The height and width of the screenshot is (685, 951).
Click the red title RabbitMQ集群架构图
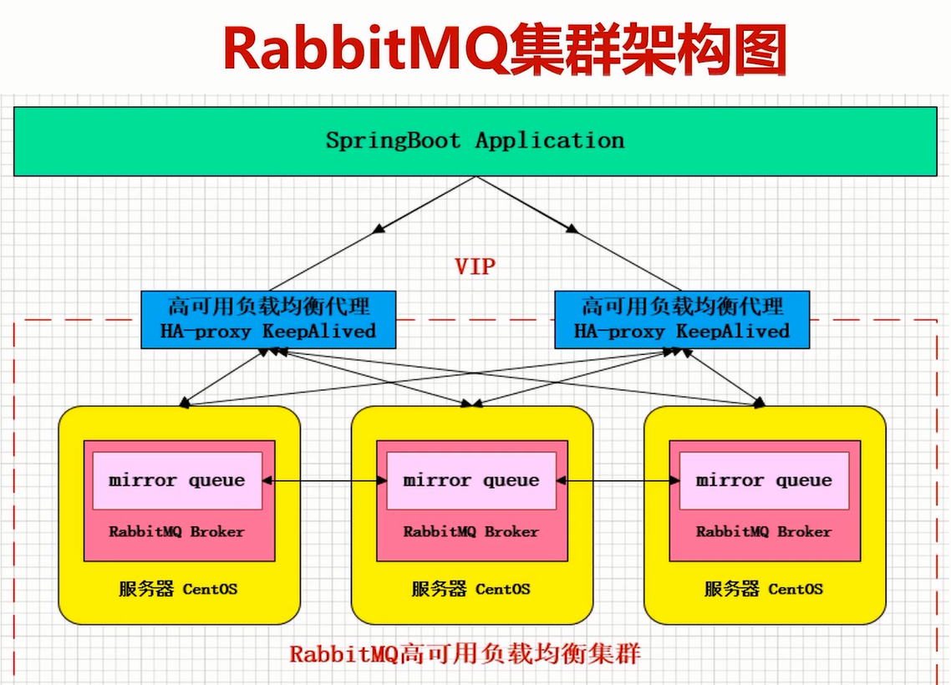[505, 49]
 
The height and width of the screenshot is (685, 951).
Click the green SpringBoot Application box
[475, 140]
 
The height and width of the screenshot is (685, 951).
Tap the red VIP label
[475, 266]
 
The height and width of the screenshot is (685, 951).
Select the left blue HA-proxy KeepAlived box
[267, 318]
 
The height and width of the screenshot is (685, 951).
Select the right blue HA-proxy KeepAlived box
[681, 318]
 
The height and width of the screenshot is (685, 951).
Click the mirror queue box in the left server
[177, 480]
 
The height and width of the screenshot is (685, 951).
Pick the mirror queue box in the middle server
[470, 480]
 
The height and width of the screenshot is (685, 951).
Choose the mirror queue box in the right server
[764, 480]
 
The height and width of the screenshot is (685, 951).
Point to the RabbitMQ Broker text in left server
[177, 531]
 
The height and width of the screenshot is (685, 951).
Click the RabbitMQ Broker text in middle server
[470, 531]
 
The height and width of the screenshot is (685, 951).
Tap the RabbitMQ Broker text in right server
[764, 531]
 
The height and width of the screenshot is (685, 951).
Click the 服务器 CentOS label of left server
[177, 589]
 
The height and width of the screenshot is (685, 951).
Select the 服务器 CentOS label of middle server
[470, 589]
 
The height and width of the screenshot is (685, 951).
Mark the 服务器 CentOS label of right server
[764, 589]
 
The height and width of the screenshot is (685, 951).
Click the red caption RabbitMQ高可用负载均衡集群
[465, 652]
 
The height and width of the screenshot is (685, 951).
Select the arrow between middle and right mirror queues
[618, 480]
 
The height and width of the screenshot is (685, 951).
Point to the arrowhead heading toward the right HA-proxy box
[572, 227]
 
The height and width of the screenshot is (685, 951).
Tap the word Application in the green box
[550, 140]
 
